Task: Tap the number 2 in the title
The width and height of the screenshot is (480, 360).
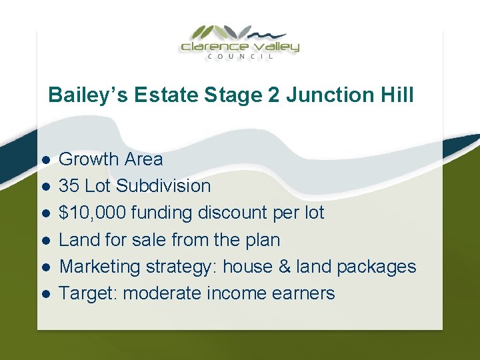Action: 273,95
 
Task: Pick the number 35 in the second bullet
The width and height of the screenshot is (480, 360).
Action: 69,186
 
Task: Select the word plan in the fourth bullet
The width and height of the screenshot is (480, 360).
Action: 264,240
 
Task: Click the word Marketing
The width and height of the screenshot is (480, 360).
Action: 99,267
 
